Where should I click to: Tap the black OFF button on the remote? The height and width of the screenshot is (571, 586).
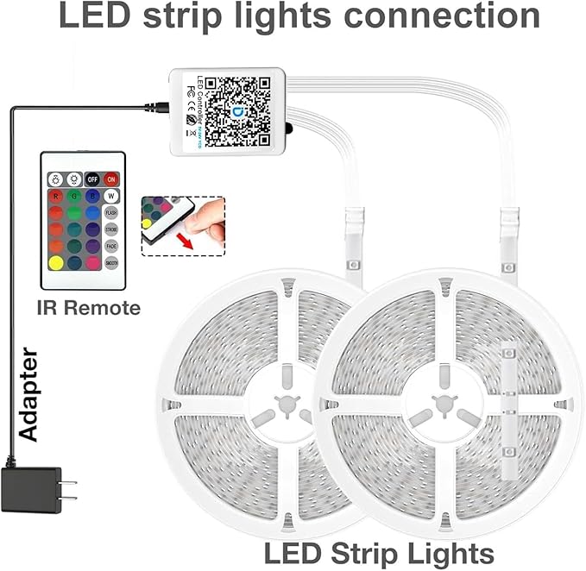[x=92, y=179]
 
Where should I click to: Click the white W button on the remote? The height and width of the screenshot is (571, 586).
[x=111, y=196]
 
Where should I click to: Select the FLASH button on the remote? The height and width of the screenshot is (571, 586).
[x=111, y=212]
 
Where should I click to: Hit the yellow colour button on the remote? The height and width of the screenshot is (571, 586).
[x=55, y=262]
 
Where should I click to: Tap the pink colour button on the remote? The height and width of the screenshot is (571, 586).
[x=92, y=262]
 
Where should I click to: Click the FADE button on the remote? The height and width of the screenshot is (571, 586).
[x=111, y=245]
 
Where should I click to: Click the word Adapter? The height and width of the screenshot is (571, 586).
[x=29, y=394]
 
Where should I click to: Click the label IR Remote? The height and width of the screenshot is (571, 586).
[x=88, y=307]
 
